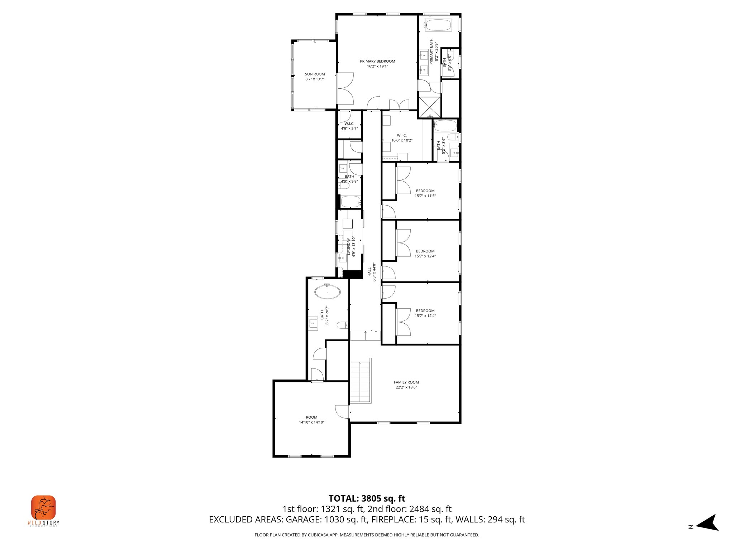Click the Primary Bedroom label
coord(377,64)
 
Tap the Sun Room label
coord(315,77)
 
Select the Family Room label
coord(406,385)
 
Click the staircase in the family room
coord(360,382)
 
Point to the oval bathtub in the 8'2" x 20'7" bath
coord(327,292)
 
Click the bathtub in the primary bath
coord(438,25)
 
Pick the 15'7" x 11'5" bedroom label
coord(425,193)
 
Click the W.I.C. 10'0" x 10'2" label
coord(402,138)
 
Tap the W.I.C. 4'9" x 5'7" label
coord(349,126)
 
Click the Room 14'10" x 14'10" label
coord(311,420)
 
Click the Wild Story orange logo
coord(43,507)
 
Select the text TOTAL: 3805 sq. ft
coord(367,498)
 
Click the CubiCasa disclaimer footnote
coord(367,535)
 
